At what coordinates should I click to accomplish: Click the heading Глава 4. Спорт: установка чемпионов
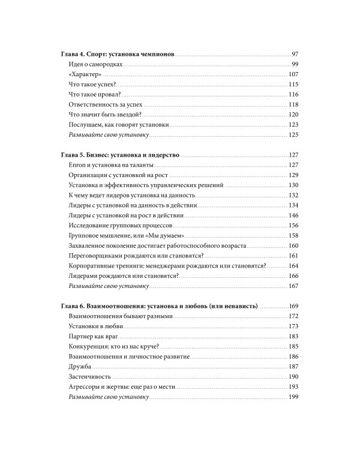118,53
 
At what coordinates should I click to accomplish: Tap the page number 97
294,53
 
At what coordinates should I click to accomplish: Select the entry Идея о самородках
96,64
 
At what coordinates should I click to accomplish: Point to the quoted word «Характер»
86,74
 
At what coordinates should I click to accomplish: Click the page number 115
293,85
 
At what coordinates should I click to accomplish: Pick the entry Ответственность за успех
106,104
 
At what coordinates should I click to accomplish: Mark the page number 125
293,135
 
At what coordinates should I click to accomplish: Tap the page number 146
293,215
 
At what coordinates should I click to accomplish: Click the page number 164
293,266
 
